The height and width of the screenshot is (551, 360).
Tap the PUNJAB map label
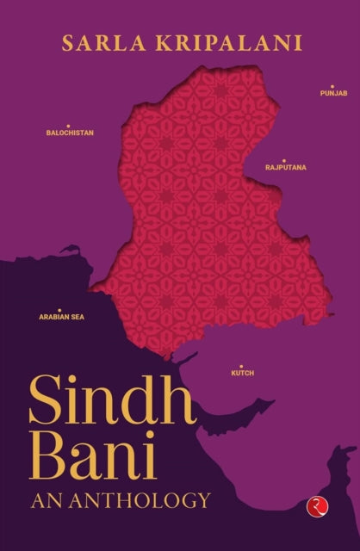332,92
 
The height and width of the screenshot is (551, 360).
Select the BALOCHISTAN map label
70,133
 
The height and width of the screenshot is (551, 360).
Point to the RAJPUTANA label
287,168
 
